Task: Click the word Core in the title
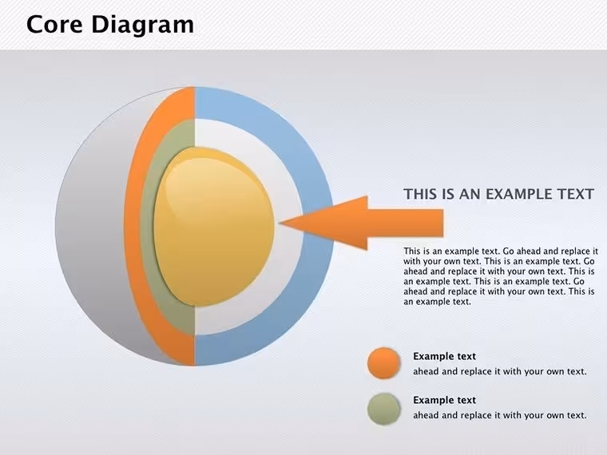54,24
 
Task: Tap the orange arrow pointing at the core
362,223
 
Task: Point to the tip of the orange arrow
280,223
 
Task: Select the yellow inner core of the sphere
214,227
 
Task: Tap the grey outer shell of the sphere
93,227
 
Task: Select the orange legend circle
383,363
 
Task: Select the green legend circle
383,409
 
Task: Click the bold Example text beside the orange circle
444,356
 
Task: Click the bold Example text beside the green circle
444,400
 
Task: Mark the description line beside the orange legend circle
500,371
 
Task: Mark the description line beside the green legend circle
500,415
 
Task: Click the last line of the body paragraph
438,302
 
